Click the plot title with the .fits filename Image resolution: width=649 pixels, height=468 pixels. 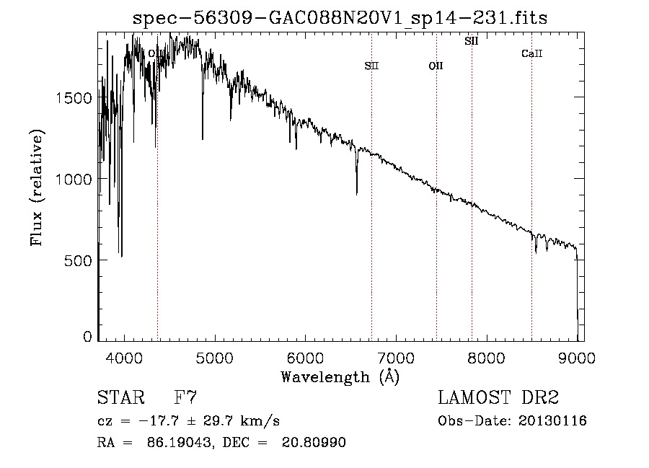coord(340,18)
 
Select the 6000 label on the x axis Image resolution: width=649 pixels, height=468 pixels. coord(306,358)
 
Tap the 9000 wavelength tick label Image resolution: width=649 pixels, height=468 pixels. coord(577,358)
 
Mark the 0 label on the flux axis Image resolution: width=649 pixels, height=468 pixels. coord(87,337)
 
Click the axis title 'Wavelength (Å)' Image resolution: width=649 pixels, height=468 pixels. coord(340,376)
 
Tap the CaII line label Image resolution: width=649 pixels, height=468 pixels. coord(532,53)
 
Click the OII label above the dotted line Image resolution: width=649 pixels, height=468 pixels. coord(436,66)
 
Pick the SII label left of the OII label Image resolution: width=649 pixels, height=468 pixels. coord(371,66)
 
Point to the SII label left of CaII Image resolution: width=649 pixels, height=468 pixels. coord(472,41)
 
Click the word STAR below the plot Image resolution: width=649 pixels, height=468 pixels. coord(121,397)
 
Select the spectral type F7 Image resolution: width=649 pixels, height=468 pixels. coord(185,397)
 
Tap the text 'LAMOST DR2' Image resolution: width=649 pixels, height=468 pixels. coord(498,397)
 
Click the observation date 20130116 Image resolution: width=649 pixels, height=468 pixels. coord(552,421)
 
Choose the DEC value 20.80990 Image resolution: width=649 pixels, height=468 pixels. coord(314,442)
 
